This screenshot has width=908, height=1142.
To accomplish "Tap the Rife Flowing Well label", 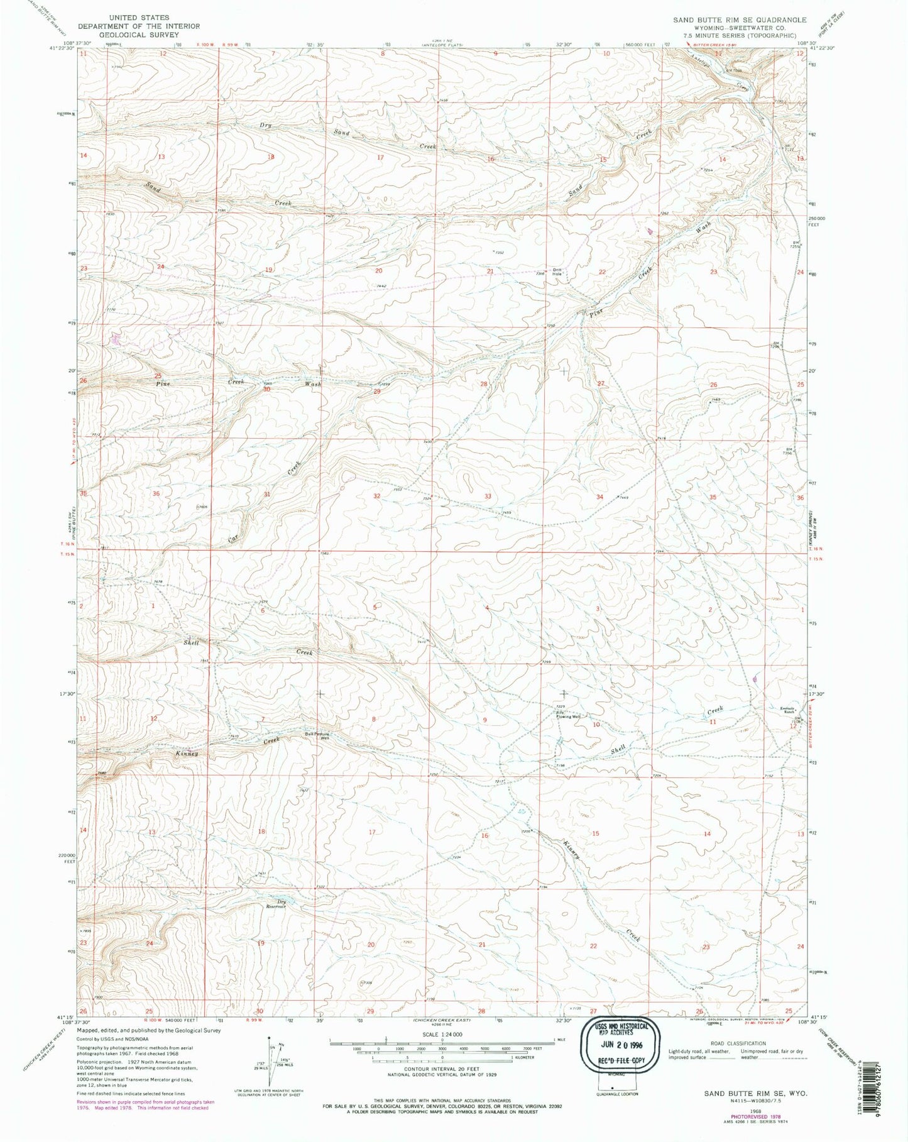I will [567, 714].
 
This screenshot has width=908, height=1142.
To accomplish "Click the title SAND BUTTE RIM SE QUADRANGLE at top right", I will [740, 20].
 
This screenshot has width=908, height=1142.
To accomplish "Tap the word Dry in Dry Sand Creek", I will [266, 125].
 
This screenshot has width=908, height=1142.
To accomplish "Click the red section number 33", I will [487, 497].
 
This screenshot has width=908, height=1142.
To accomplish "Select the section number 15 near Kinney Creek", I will [596, 833].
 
